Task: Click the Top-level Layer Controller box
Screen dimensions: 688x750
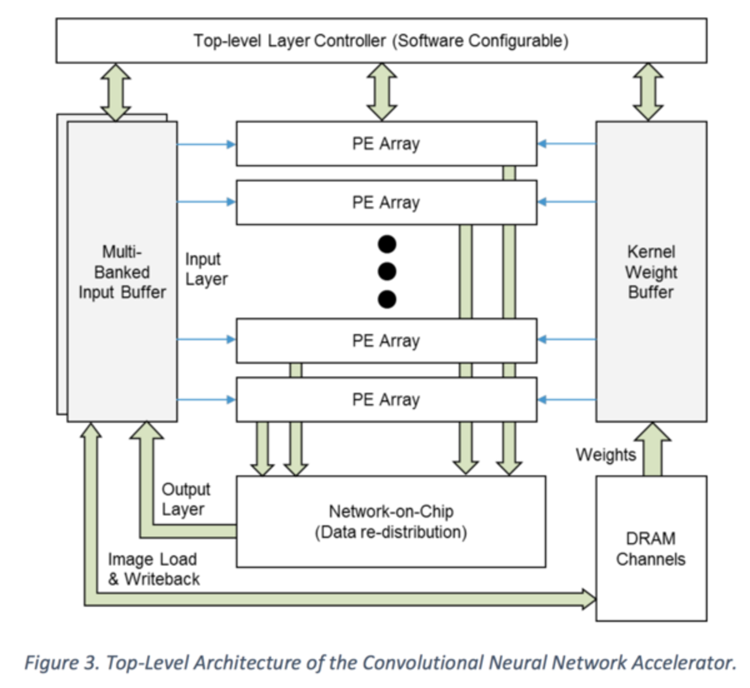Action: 381,40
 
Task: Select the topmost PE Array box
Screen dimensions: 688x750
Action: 386,144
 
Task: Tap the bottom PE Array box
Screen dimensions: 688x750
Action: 386,399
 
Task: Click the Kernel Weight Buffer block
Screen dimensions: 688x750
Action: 651,271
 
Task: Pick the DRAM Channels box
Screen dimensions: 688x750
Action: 651,548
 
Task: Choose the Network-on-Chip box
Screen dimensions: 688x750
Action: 391,522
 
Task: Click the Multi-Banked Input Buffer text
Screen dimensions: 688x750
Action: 122,272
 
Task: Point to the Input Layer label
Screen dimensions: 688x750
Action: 206,270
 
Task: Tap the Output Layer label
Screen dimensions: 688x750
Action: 185,499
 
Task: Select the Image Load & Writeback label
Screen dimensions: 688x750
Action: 153,569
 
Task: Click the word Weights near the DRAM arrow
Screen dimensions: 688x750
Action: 606,455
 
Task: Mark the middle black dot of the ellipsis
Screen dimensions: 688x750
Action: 387,271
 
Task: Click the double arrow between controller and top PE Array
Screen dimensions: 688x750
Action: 382,92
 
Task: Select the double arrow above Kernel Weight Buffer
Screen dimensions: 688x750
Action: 648,92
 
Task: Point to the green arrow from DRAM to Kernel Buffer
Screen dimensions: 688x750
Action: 652,449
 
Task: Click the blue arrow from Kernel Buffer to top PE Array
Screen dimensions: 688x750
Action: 566,144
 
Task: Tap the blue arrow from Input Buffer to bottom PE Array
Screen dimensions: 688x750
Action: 207,399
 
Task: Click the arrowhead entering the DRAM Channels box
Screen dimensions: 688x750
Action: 588,599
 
